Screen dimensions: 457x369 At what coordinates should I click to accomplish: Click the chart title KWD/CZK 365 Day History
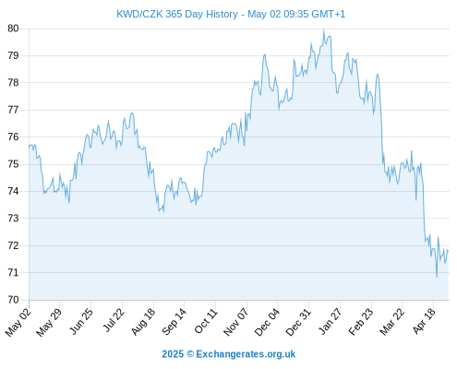pos(177,14)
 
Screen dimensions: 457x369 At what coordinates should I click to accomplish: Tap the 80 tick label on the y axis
pos(13,29)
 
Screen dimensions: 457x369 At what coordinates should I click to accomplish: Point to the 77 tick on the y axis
pos(13,110)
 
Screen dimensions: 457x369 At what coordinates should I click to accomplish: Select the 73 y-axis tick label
pos(13,219)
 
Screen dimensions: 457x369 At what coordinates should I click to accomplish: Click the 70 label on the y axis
pos(13,300)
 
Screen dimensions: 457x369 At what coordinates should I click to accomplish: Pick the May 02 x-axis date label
pos(18,322)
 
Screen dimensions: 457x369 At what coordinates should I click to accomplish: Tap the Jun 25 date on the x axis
pos(81,321)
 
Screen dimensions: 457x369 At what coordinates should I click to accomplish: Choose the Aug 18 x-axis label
pos(143,322)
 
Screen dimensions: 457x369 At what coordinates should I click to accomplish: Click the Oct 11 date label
pos(206,321)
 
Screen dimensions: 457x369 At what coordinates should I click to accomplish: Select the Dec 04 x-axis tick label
pos(267,322)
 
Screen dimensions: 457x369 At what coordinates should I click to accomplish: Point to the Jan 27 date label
pos(331,321)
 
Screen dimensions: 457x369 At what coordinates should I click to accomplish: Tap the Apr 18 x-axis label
pos(424,321)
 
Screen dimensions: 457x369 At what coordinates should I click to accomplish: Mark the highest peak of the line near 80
pos(323,30)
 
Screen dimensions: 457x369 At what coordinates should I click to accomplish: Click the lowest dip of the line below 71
pos(437,277)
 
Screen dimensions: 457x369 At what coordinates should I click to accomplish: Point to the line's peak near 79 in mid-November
pos(265,54)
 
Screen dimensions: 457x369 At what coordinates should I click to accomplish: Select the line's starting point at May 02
pos(30,148)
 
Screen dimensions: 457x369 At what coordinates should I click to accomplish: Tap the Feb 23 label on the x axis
pos(361,322)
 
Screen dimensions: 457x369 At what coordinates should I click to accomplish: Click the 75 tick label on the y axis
pos(13,164)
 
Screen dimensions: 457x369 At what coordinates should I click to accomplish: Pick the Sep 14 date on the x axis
pos(174,322)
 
